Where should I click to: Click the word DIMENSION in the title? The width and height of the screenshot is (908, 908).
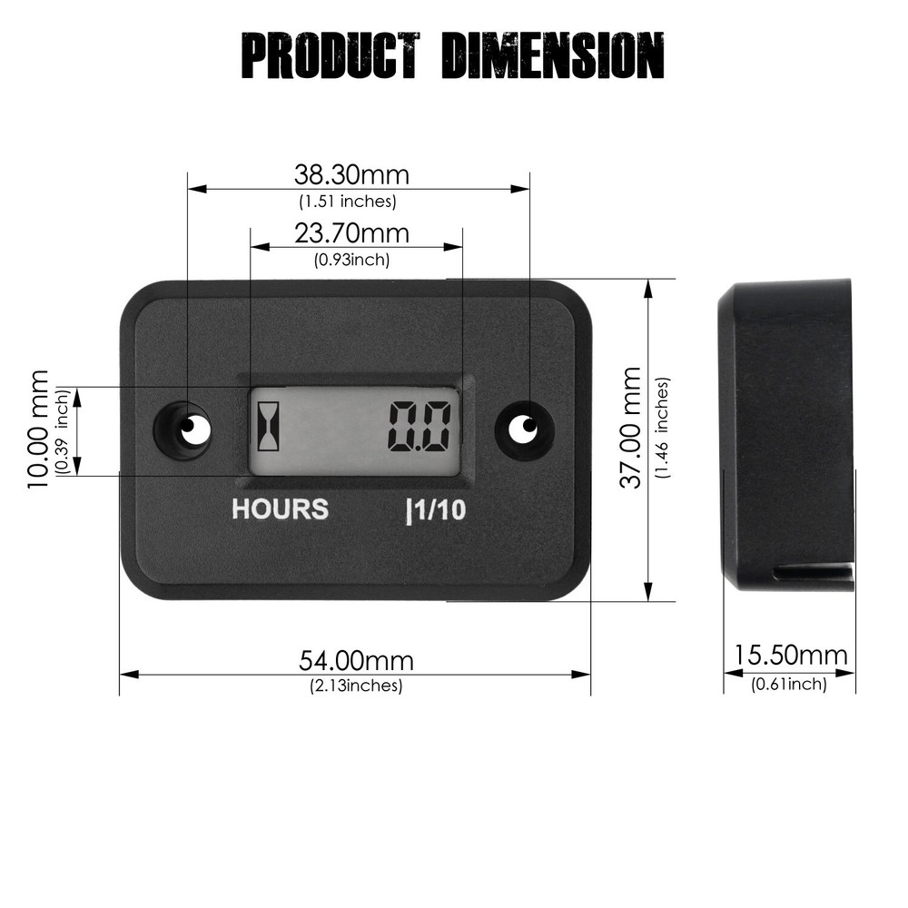coord(553,56)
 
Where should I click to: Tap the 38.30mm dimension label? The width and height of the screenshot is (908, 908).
coord(351,173)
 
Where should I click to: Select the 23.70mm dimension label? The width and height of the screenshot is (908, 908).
coord(351,234)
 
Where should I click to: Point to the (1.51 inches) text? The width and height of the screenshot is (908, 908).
coord(348,202)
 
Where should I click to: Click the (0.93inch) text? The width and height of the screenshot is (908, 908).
coord(351,260)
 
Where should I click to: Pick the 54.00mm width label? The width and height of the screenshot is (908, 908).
coord(356,660)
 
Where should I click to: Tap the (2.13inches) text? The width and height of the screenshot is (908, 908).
coord(356,686)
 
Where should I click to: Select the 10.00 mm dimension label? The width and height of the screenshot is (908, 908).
coord(38,429)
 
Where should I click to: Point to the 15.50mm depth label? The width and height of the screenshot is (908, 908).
coord(790,656)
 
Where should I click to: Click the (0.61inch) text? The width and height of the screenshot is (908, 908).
coord(789,684)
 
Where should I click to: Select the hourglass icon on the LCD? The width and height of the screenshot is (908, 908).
coord(270,426)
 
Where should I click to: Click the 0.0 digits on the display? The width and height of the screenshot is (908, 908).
coord(419,427)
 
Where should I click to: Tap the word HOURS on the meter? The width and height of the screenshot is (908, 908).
coord(280,509)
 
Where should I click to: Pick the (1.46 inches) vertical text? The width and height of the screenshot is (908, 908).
coord(663,427)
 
